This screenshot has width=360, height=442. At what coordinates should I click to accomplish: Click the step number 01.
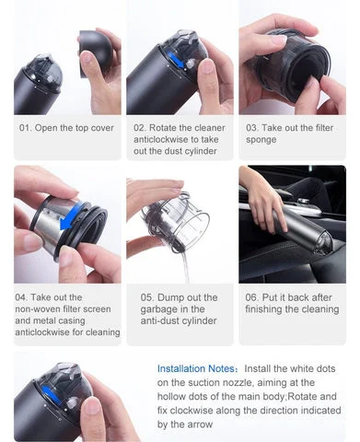pos(25,128)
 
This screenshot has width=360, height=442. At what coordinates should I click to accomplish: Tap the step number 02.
pos(140,128)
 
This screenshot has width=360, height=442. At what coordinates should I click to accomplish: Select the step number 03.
pos(252,128)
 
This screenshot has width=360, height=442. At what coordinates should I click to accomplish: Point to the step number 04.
pos(21,297)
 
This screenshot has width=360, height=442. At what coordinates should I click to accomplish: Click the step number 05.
pos(147,297)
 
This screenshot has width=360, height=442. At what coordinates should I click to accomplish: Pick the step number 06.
pos(251,297)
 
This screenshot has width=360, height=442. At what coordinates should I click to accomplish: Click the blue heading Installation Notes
pos(197,368)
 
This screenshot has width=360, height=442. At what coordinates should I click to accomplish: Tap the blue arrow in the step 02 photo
pos(178,61)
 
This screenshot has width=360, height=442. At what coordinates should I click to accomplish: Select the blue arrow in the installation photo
pos(51,395)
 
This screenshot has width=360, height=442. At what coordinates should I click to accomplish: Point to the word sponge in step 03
pos(261,140)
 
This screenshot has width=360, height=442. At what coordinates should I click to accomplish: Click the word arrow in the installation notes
pos(199,425)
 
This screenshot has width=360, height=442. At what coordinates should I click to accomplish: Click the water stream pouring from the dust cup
pos(185,266)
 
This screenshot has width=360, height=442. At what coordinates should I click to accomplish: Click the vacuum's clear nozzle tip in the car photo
pos(324,242)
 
